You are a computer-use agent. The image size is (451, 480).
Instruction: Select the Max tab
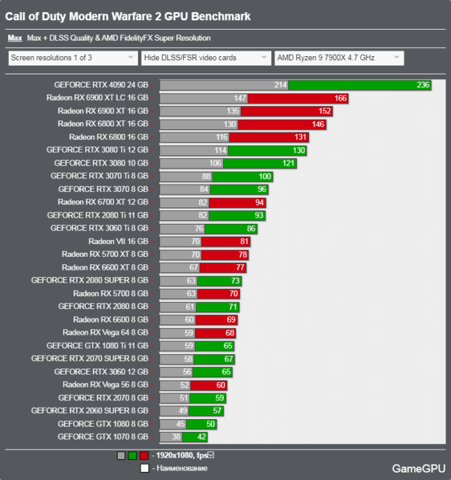(14, 39)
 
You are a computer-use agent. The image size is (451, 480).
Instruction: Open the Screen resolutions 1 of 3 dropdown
(71, 58)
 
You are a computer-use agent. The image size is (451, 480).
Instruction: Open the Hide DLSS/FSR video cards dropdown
(206, 58)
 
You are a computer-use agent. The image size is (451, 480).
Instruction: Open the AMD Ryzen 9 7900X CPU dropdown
(339, 58)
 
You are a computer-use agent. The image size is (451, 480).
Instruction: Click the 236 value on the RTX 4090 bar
(423, 85)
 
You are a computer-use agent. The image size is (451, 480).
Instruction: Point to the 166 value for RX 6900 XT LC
(340, 98)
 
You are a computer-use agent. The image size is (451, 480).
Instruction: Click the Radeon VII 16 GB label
(118, 241)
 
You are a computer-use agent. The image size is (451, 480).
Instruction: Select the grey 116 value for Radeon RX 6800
(222, 137)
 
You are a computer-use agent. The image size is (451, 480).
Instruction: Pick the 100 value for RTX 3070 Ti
(265, 176)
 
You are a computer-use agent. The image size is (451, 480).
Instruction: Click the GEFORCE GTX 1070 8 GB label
(103, 437)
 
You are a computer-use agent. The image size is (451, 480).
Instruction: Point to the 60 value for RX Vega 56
(220, 385)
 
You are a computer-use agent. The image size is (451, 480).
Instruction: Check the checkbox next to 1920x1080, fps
(211, 455)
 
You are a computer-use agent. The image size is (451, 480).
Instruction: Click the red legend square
(144, 456)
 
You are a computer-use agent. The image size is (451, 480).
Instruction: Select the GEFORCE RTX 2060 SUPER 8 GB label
(89, 410)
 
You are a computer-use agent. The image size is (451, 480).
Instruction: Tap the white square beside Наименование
(144, 468)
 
